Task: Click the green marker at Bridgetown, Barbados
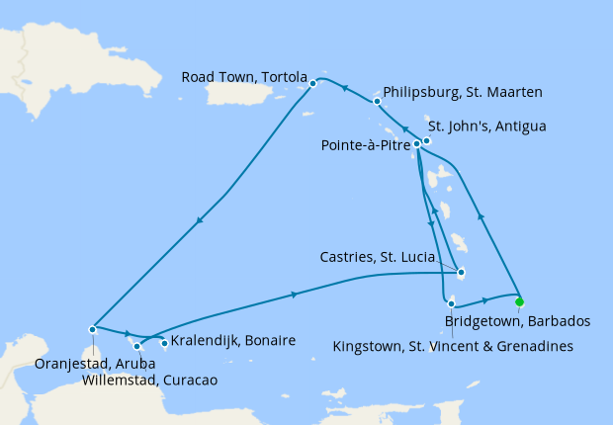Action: pos(519,302)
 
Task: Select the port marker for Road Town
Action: pos(312,83)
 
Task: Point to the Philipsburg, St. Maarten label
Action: pos(461,93)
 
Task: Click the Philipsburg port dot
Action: pos(378,101)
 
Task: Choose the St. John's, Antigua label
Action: pos(486,127)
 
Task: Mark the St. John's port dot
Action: pos(426,140)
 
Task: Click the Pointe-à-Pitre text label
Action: pos(366,145)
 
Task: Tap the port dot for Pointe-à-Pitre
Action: pos(417,144)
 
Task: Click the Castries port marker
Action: pos(461,274)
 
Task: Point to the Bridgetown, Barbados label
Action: pos(518,321)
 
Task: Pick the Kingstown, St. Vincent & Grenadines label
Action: pos(454,346)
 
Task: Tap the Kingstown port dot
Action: pos(451,303)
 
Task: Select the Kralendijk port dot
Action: pos(164,343)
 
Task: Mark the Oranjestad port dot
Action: pos(92,329)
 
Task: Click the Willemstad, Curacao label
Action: pos(149,380)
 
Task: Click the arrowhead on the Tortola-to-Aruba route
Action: pos(202,219)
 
